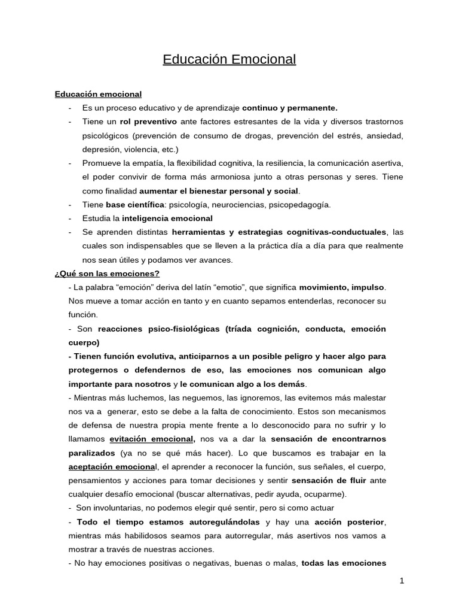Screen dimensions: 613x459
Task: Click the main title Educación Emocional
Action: pos(229,60)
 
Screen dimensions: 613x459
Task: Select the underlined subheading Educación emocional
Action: pos(98,94)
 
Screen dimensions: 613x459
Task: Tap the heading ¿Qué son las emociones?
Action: pos(107,274)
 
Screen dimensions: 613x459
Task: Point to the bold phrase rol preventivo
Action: pos(145,122)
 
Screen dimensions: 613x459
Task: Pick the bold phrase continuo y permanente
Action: pos(290,108)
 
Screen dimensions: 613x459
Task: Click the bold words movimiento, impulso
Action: pos(342,287)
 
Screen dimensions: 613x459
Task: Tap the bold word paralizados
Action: pos(93,453)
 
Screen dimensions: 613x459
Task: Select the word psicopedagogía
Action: pos(302,205)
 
